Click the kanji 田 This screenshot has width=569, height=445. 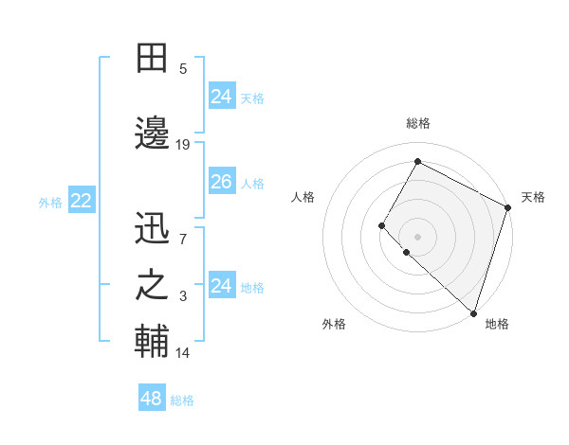[153, 58]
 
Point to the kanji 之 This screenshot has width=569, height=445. [153, 286]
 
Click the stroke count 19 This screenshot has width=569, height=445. [183, 145]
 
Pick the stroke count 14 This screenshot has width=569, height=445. [183, 353]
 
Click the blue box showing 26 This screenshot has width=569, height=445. [221, 182]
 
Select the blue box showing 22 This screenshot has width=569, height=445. [81, 201]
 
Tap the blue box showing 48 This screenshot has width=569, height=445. [151, 399]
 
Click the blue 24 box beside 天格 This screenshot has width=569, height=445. [221, 96]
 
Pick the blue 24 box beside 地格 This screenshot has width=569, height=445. [221, 286]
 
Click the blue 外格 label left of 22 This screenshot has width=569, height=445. [50, 202]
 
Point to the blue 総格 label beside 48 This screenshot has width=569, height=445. [182, 400]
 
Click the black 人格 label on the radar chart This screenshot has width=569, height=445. [303, 197]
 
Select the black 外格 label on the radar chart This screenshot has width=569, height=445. [334, 324]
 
